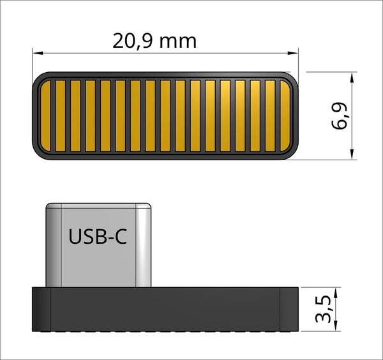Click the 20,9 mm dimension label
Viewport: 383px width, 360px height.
pyautogui.click(x=154, y=41)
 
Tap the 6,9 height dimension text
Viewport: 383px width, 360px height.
pyautogui.click(x=340, y=116)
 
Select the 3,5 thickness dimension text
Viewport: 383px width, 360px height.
pyautogui.click(x=323, y=309)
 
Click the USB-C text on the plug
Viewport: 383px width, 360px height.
pyautogui.click(x=98, y=236)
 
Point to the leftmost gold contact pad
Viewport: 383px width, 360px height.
pyautogui.click(x=45, y=116)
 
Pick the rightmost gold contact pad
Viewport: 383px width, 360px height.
pyautogui.click(x=285, y=116)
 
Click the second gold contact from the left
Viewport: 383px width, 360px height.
pyautogui.click(x=61, y=116)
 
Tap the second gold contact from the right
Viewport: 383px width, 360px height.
pyautogui.click(x=270, y=116)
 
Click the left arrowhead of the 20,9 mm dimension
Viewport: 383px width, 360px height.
pyautogui.click(x=38, y=53)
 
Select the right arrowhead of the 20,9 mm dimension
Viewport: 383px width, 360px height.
pyautogui.click(x=293, y=53)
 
